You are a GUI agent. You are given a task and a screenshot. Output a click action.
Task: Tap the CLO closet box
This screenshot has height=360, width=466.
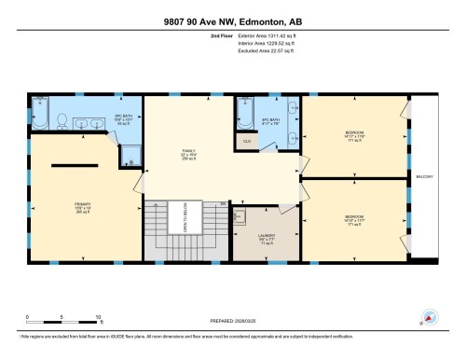pyautogui.click(x=247, y=141)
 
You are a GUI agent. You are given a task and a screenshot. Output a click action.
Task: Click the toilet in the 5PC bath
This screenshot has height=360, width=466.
pyautogui.click(x=61, y=119)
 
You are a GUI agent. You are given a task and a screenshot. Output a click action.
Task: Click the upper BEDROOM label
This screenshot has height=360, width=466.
pyautogui.click(x=352, y=136)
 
